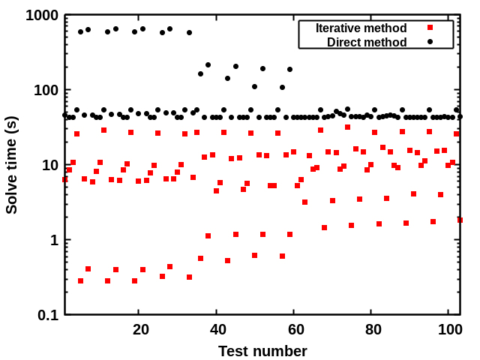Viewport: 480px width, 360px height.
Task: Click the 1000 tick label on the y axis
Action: (x=42, y=16)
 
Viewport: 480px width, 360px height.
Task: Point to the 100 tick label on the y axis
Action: (x=46, y=91)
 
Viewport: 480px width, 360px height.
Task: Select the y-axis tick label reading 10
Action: (x=50, y=165)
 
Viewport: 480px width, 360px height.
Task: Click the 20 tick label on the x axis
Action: (x=141, y=330)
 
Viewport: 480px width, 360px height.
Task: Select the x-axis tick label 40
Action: (x=218, y=330)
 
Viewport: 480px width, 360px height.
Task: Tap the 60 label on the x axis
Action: (x=296, y=330)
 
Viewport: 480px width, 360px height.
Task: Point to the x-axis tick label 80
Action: (x=373, y=330)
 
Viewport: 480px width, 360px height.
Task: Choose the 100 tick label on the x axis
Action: (x=448, y=330)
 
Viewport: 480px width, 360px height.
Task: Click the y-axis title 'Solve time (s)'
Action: (x=11, y=165)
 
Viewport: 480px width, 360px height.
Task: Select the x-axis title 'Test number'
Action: (x=262, y=351)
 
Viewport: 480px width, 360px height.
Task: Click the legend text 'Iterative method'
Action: (x=361, y=28)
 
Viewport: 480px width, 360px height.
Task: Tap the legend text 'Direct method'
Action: (x=367, y=42)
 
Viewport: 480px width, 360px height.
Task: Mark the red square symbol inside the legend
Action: (x=430, y=28)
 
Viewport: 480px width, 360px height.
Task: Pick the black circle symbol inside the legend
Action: (x=430, y=41)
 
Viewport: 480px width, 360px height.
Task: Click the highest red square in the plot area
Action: (x=347, y=127)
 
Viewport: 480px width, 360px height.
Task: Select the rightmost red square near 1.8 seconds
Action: (x=460, y=220)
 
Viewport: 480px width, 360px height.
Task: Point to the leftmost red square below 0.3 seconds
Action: (x=80, y=281)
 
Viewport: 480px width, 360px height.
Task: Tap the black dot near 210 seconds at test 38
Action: (x=208, y=65)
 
